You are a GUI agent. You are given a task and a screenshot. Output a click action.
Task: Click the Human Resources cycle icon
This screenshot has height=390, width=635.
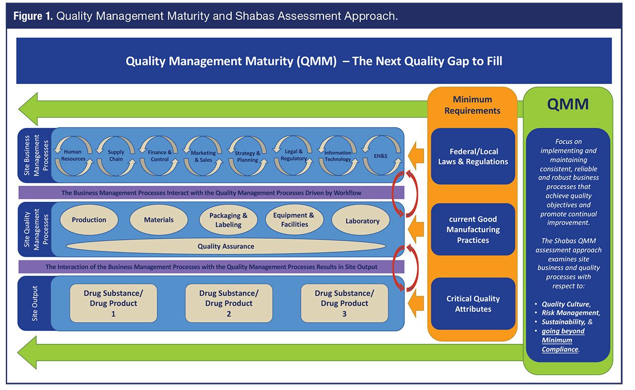tap(73, 155)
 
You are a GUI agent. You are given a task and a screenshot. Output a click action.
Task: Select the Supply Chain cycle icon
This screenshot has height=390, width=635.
tap(116, 155)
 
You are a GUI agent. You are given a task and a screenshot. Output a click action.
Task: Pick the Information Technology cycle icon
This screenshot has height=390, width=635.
tap(337, 155)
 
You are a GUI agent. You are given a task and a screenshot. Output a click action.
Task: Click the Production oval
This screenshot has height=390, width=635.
tap(89, 220)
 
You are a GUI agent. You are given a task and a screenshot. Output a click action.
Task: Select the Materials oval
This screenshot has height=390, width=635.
tap(159, 220)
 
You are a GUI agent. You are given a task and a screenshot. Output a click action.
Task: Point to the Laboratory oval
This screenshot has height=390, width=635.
tap(362, 221)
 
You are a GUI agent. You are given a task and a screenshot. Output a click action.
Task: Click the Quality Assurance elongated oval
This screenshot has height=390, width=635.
tap(226, 246)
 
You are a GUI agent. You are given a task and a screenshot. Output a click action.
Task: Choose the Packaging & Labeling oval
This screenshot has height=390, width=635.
tap(228, 220)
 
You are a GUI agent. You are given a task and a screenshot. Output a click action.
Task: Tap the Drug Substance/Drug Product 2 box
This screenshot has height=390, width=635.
tap(229, 303)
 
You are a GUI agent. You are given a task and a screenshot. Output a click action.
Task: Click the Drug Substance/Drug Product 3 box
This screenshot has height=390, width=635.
tap(344, 303)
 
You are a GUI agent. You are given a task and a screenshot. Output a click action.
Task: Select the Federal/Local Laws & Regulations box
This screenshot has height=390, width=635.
tap(473, 156)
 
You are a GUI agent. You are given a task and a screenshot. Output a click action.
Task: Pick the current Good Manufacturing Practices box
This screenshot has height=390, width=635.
tap(473, 230)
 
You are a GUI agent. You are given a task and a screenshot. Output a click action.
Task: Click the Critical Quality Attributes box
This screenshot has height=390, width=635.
tap(473, 304)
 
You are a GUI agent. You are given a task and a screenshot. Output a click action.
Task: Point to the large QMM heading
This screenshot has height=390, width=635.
tap(568, 104)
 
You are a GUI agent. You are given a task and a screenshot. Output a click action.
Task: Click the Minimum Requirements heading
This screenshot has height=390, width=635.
tap(472, 105)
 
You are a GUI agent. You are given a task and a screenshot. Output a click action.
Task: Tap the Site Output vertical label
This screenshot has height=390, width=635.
tap(35, 303)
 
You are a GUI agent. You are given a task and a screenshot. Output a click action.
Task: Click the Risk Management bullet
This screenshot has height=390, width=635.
tap(571, 312)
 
